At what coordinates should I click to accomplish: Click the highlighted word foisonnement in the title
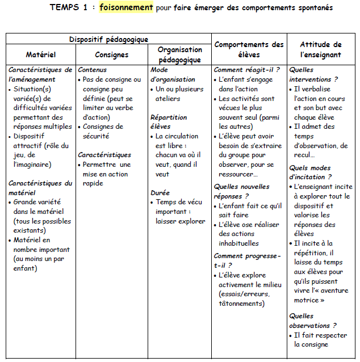[126, 7]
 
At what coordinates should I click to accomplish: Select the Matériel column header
[41, 55]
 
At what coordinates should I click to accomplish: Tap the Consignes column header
[112, 55]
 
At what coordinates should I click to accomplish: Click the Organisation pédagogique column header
[180, 54]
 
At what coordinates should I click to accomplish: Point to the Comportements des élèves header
[249, 49]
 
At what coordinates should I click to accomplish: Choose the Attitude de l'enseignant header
[321, 49]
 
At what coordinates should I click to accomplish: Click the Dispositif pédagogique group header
[108, 39]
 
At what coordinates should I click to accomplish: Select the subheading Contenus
[92, 70]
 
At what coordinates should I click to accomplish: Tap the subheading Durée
[160, 193]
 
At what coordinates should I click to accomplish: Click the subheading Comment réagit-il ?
[246, 70]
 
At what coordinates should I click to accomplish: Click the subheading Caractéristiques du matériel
[40, 188]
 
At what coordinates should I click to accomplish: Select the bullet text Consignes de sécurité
[103, 131]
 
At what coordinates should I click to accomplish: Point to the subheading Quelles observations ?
[313, 321]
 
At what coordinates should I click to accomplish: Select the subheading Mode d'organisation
[173, 74]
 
